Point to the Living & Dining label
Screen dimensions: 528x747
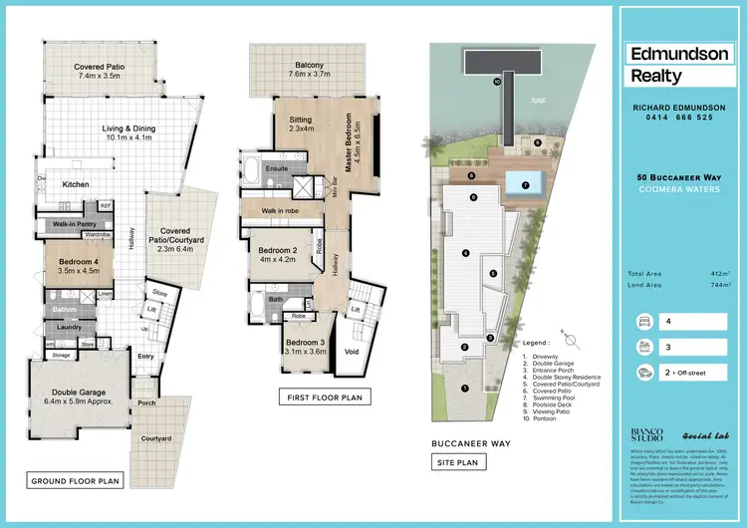(118, 133)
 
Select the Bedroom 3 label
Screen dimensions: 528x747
(306, 344)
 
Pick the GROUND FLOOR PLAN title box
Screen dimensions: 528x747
(76, 481)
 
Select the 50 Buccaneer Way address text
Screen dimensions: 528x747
(673, 177)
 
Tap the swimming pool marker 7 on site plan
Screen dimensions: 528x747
(524, 184)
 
